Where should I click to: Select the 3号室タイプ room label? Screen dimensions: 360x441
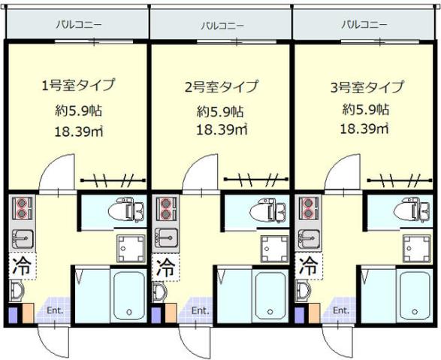coord(367,86)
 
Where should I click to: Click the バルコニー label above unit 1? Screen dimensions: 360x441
coord(78,25)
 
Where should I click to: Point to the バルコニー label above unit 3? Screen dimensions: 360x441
coord(364,25)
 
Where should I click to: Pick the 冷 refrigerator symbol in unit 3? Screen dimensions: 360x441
coord(307,265)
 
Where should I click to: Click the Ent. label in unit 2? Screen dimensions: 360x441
coord(199,310)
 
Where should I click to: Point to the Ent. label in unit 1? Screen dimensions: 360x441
coord(56,310)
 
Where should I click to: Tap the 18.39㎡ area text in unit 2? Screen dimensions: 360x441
coord(222,129)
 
